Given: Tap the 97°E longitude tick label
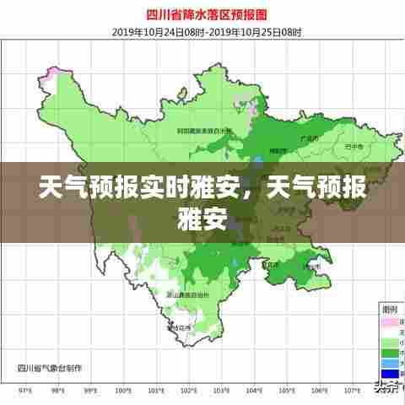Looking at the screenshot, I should point(25,391).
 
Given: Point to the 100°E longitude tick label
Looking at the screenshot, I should point(122,391).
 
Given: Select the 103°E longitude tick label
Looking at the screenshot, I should point(221,391).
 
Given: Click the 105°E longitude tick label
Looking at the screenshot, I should point(288,391).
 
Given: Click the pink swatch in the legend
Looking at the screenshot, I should point(388,322).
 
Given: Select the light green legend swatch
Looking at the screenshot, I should point(388,332).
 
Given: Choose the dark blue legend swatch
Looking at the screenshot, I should point(388,373).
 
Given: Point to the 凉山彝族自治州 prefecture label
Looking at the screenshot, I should point(187,294).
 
